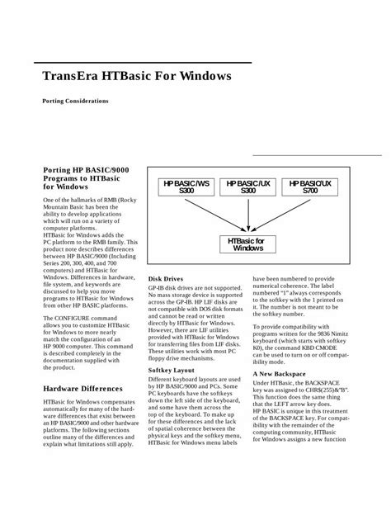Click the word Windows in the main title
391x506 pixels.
(x=199, y=79)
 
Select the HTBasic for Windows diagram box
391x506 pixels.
(x=248, y=244)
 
